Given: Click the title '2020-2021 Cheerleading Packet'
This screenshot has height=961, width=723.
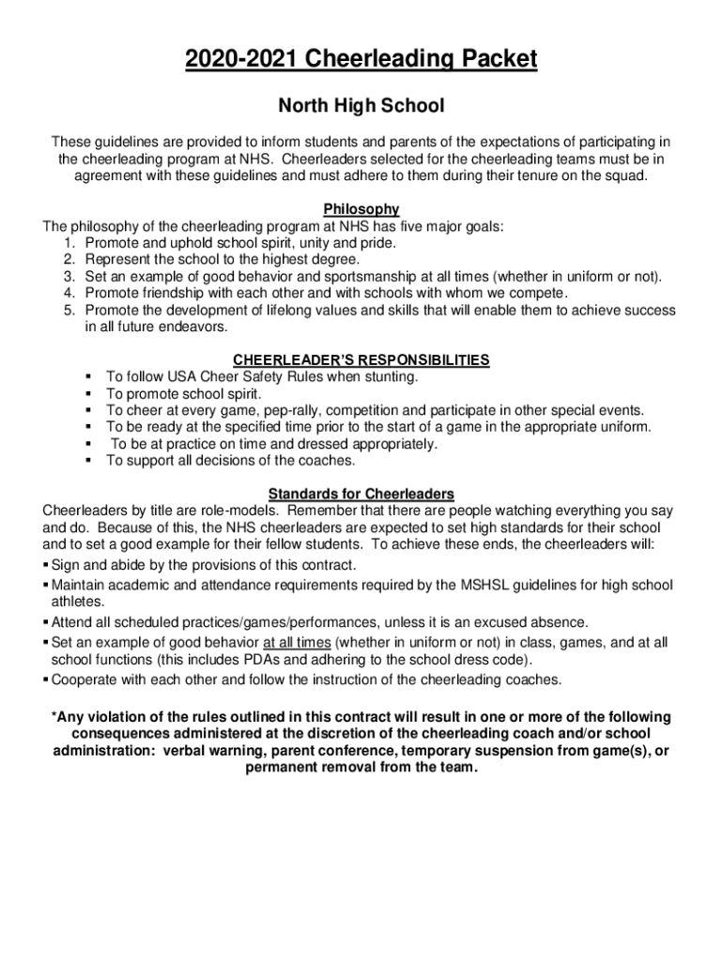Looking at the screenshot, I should (361, 60).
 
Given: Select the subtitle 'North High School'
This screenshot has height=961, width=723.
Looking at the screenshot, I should (361, 106).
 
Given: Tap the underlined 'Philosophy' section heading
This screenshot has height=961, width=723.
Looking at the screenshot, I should (361, 209).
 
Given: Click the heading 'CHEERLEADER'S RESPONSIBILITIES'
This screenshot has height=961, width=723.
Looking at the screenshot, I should (361, 359).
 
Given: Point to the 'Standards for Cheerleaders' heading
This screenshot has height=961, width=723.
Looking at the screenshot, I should (361, 494).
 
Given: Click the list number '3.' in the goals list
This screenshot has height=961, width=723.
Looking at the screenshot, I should (69, 277).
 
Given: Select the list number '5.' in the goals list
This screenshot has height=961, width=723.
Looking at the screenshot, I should (69, 311).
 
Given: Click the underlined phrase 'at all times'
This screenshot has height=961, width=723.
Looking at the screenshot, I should (297, 643).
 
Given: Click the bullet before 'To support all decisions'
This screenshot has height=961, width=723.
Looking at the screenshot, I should (87, 462).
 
